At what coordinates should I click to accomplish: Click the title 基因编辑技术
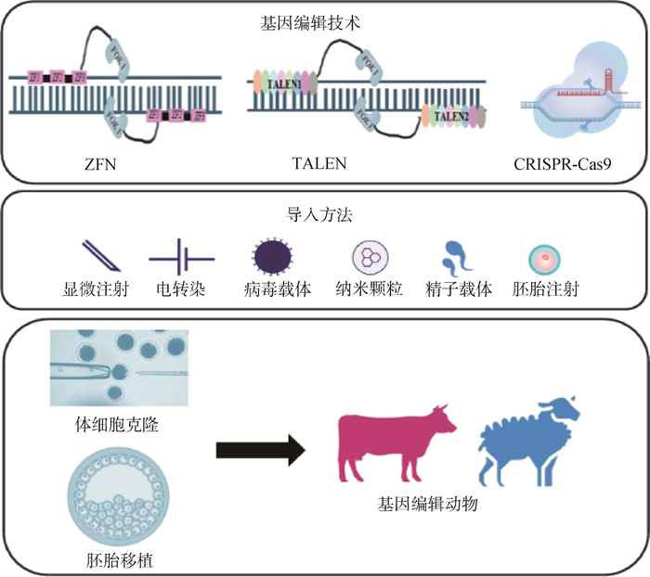(x=324, y=22)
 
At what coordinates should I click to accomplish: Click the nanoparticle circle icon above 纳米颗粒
(x=367, y=254)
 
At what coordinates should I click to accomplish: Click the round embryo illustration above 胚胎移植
(x=110, y=500)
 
